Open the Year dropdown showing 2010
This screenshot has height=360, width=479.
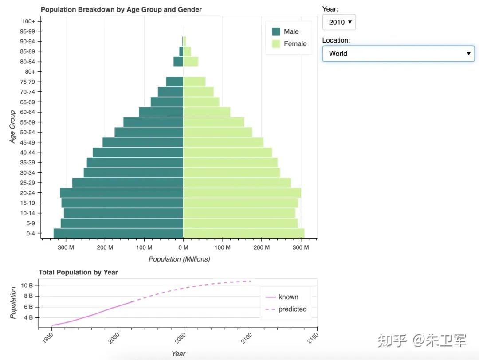point(339,22)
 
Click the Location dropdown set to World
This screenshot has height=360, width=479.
point(398,54)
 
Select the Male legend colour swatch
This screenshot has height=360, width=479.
point(276,32)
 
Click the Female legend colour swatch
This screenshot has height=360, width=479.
point(276,44)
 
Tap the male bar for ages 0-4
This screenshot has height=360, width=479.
point(118,233)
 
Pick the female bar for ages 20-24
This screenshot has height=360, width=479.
point(242,193)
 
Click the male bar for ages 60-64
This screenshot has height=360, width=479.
point(161,112)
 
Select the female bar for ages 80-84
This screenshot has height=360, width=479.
point(191,62)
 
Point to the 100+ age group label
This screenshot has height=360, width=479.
point(31,21)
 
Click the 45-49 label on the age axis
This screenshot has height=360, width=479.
point(31,142)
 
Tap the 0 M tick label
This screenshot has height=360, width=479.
point(183,247)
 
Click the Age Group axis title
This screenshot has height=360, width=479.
point(13,127)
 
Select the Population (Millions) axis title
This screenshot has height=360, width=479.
point(179,259)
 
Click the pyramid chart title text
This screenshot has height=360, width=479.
point(121,9)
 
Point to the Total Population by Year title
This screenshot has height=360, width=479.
point(78,272)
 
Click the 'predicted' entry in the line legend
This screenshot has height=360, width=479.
point(292,309)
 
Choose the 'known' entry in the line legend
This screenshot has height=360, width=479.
point(288,297)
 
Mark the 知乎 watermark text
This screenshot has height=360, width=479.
point(392,340)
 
